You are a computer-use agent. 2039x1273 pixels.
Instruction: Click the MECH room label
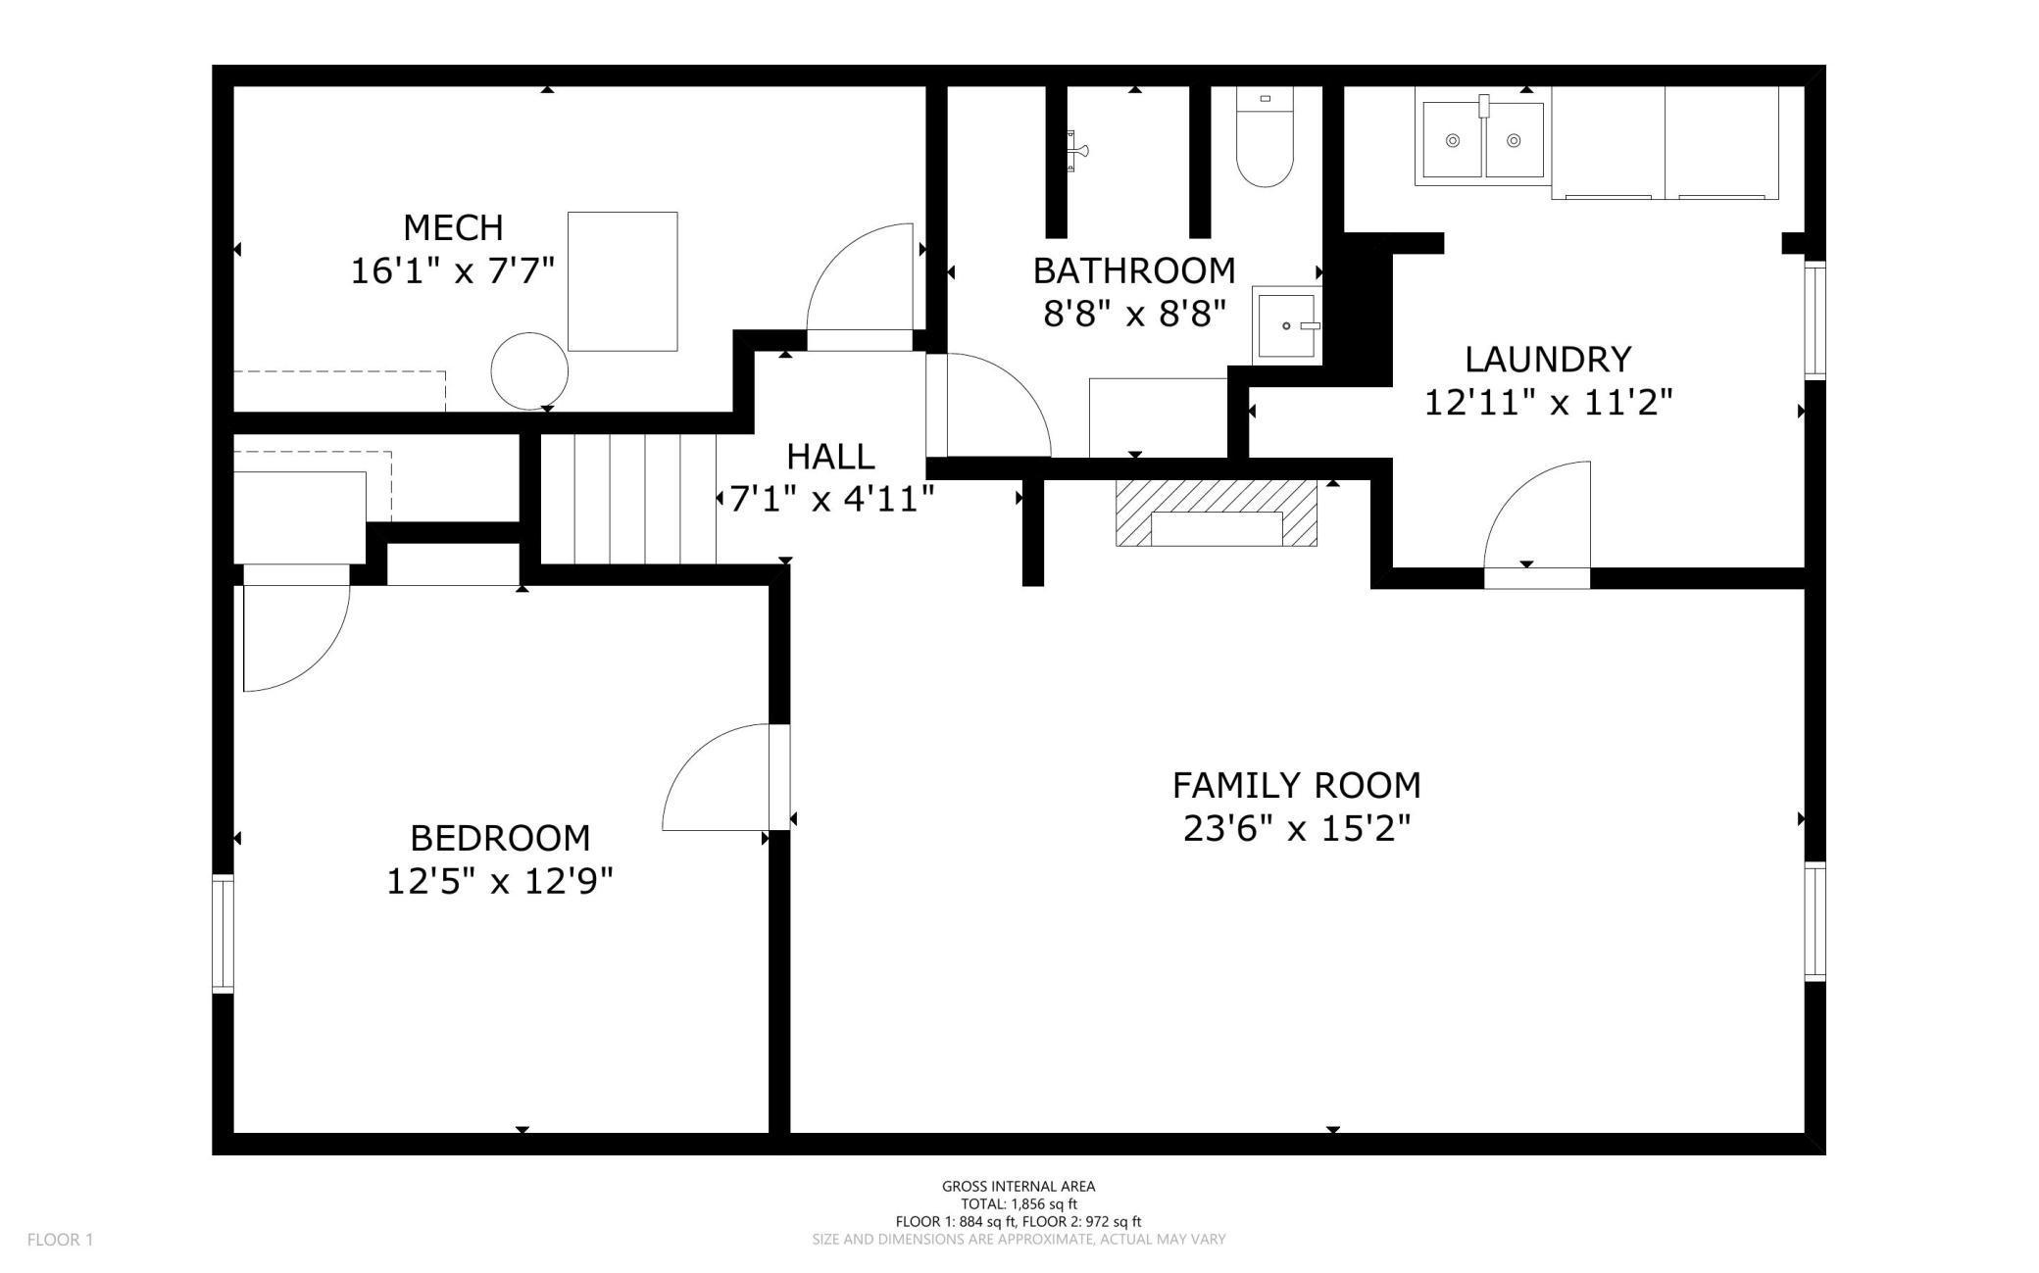click(x=453, y=227)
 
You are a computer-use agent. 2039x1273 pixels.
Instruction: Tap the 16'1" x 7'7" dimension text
click(x=453, y=270)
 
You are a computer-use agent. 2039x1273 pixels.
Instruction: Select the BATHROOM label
click(x=1134, y=270)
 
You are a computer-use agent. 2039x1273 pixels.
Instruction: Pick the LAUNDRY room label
click(x=1548, y=359)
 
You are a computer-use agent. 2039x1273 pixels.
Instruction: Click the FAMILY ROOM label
click(x=1296, y=785)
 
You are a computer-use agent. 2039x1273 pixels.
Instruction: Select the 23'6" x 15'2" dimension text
click(x=1296, y=829)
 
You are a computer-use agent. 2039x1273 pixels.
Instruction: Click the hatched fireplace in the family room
click(x=1216, y=514)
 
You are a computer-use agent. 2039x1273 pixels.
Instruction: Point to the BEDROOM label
click(x=500, y=838)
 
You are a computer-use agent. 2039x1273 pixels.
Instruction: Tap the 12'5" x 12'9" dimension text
click(x=500, y=882)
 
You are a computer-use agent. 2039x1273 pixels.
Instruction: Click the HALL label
click(x=830, y=457)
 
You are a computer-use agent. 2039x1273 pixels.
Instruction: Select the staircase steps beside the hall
click(x=628, y=499)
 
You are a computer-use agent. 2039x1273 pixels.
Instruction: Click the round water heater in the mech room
click(x=529, y=370)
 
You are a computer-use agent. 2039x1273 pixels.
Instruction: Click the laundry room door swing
click(x=1537, y=519)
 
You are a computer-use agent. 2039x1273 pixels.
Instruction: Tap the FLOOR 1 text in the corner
click(x=60, y=1240)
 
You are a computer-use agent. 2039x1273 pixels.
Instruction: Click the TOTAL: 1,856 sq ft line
click(x=1019, y=1203)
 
